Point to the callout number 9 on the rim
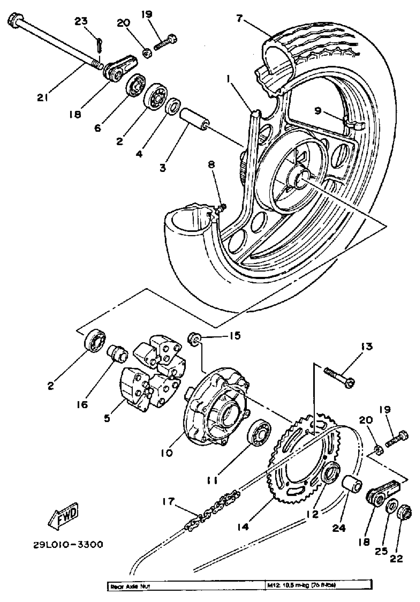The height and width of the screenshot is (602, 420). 318,111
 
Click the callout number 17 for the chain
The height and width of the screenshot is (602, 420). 168,501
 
